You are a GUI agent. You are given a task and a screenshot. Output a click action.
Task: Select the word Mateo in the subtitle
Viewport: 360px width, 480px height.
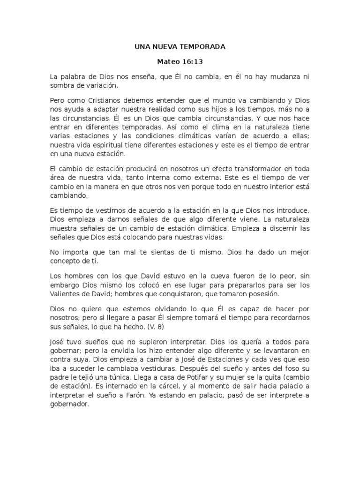pyautogui.click(x=168, y=61)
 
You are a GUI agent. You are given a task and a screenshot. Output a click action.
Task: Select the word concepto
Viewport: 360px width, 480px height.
pyautogui.click(x=65, y=261)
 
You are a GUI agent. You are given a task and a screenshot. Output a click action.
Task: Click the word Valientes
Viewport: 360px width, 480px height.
pyautogui.click(x=66, y=294)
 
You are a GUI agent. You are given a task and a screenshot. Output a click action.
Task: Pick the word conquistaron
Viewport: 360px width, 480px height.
pyautogui.click(x=176, y=294)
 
